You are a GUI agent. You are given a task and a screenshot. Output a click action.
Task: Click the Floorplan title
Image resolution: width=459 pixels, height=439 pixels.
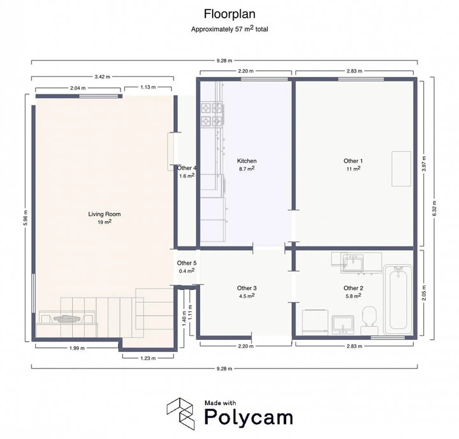click(229, 14)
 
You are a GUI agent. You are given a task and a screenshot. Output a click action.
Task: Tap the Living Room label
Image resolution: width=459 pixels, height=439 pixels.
click(104, 214)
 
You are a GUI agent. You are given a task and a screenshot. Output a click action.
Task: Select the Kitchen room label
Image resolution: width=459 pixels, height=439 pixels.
click(247, 161)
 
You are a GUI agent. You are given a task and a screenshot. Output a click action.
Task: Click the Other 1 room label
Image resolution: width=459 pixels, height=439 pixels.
click(353, 161)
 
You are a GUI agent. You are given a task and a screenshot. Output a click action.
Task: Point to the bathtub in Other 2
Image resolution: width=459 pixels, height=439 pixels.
click(398, 300)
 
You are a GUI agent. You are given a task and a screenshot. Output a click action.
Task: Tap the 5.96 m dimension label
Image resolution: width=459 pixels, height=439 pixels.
click(25, 218)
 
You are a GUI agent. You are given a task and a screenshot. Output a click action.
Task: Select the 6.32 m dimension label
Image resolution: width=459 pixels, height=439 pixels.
click(434, 208)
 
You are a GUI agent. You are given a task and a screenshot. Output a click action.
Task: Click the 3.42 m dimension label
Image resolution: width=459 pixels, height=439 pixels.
click(102, 77)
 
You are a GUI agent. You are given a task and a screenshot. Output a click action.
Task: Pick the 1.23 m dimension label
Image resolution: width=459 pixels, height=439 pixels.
click(148, 358)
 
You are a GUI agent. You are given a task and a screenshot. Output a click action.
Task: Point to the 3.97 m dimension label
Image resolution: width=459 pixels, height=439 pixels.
click(424, 164)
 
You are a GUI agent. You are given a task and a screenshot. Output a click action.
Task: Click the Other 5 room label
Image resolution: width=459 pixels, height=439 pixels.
click(186, 263)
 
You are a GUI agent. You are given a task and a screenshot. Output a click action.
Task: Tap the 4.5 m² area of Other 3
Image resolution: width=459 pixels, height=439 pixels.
click(247, 296)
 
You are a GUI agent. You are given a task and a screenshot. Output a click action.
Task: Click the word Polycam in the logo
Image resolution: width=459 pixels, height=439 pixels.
click(249, 417)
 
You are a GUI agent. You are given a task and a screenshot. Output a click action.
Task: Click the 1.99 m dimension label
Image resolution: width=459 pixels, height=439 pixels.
click(77, 348)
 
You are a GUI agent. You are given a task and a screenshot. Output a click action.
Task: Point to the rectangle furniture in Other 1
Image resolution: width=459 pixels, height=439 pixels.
click(401, 169)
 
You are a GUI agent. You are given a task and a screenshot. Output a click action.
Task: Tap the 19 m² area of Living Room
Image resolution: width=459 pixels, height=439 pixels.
click(104, 222)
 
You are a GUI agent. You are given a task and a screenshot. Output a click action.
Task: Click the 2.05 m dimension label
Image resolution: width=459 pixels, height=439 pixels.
click(424, 293)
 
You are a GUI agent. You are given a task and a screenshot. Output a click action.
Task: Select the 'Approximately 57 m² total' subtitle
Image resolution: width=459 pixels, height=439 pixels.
click(229, 29)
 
